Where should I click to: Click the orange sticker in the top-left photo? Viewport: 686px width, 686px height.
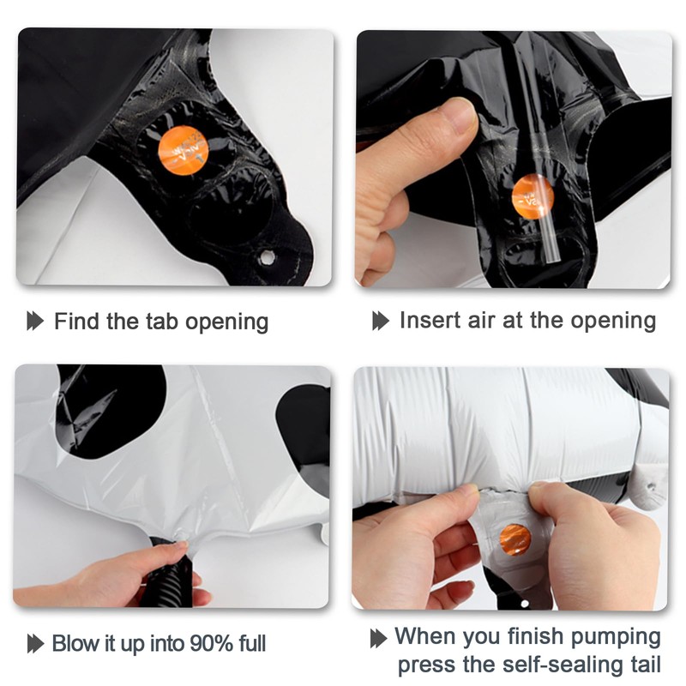coord(184,150)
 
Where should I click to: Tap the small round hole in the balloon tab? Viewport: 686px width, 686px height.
coord(266,257)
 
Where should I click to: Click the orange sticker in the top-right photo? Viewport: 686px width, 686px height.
coord(533,196)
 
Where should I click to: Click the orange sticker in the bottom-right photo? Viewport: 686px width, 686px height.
coord(515,539)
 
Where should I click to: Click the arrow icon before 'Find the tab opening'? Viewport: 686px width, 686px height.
coord(35,321)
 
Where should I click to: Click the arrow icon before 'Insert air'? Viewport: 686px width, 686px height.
coord(381,321)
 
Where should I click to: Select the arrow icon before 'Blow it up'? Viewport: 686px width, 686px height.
coord(35,644)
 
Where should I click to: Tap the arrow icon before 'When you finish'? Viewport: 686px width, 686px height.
coord(378,638)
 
